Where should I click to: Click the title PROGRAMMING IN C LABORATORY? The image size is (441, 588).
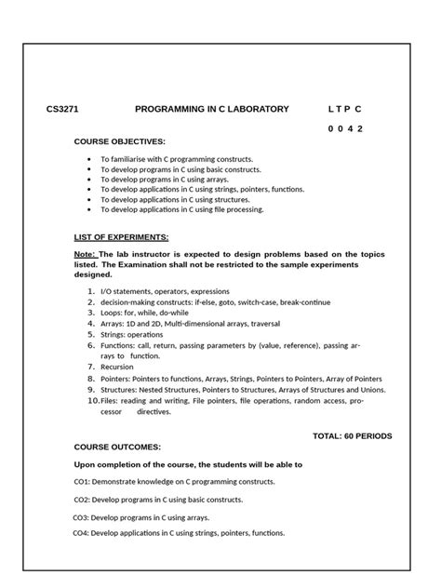tap(212, 109)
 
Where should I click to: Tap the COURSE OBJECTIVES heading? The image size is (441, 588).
tap(119, 141)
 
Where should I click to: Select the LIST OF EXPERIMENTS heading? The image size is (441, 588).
tap(121, 238)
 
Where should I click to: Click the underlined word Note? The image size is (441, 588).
tap(85, 254)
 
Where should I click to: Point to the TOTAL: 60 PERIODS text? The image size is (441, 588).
tap(352, 435)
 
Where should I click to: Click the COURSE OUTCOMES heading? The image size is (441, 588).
tap(117, 448)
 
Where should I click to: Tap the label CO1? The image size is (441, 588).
tap(82, 482)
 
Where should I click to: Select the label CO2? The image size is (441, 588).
tap(82, 500)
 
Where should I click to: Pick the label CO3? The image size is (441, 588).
tap(81, 517)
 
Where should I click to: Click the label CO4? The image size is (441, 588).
tap(81, 533)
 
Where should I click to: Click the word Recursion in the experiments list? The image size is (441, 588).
tap(119, 367)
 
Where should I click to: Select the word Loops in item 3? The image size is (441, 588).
tap(111, 313)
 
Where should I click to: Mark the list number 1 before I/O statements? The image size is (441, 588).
tap(90, 291)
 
